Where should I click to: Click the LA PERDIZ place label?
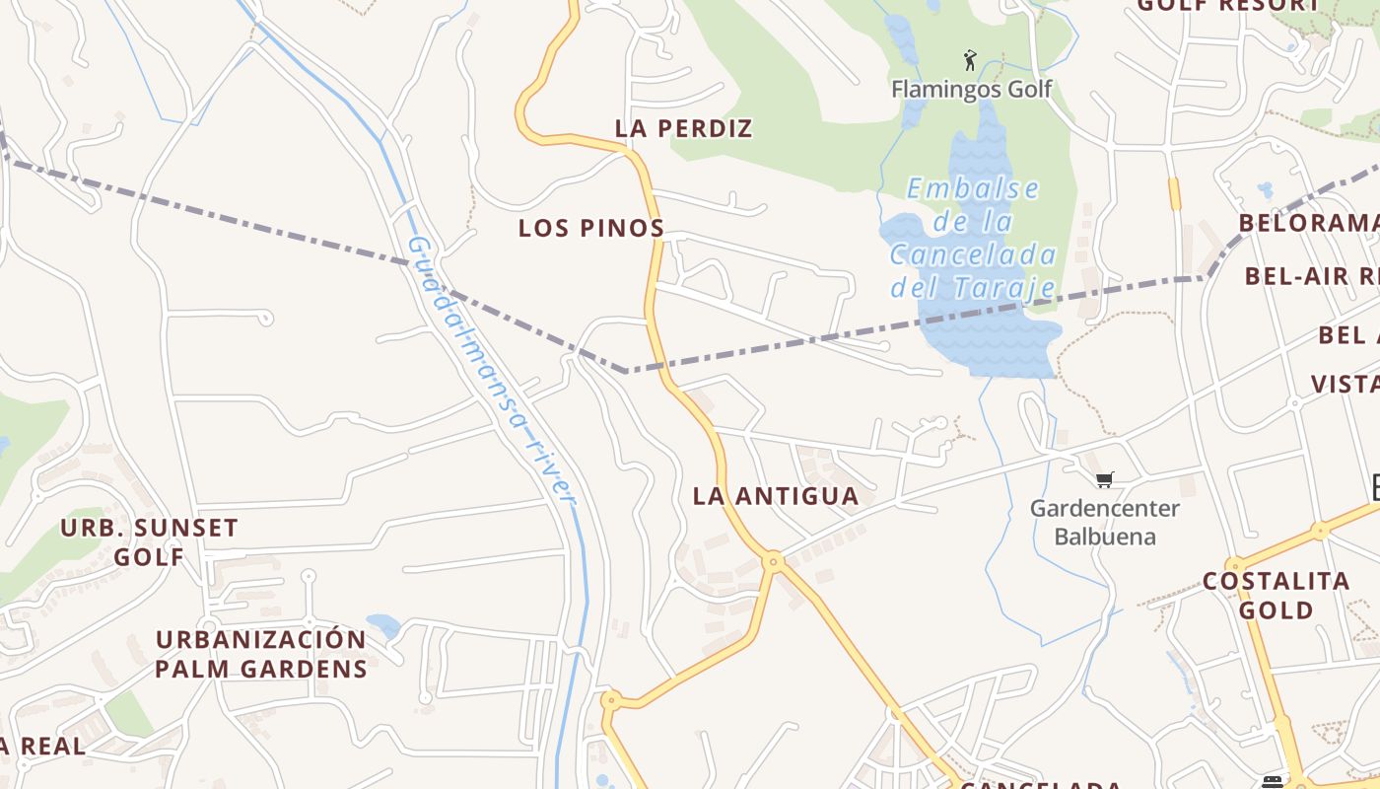pos(683,128)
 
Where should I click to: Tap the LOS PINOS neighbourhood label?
pos(591,228)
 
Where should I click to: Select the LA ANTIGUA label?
pos(776,496)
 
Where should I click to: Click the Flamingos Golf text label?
pos(971,90)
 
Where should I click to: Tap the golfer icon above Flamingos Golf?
pos(970,61)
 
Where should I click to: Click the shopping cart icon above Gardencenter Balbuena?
pos(1104,480)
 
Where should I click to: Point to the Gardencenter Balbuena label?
pos(1104,523)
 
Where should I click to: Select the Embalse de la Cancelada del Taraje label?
pos(973,238)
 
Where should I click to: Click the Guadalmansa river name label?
pos(491,370)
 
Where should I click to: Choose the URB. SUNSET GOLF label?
pos(149,541)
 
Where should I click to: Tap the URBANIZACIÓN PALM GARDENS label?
pos(261,654)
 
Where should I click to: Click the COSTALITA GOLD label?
pos(1276,595)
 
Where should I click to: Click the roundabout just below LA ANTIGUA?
pos(774,561)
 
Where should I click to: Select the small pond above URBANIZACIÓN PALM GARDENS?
pos(383,625)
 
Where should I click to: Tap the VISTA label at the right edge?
pos(1345,385)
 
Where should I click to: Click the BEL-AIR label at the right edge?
pos(1311,276)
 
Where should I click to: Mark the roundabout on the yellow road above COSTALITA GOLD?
pos(1320,532)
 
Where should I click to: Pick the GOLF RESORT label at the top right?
pos(1227,6)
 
